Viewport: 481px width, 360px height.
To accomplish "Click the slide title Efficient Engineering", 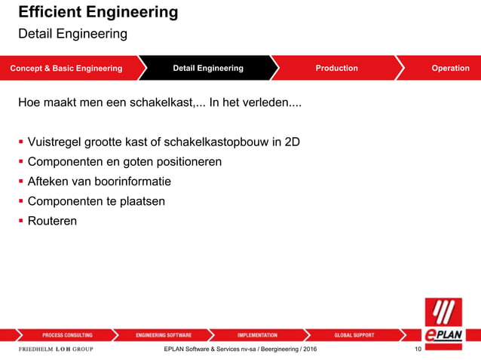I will pos(98,13).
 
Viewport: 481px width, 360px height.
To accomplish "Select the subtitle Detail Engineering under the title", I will pos(72,35).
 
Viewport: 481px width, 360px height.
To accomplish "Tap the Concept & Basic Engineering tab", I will pos(66,69).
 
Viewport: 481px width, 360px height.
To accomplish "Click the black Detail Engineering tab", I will pos(208,69).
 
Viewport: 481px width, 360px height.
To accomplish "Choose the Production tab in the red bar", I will pos(336,69).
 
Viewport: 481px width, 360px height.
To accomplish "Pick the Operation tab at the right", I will pos(450,69).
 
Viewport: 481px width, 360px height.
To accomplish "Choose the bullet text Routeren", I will pos(52,221).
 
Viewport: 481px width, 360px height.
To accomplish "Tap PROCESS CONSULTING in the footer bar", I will pos(67,335).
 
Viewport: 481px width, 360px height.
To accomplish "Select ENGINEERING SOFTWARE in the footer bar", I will pos(164,335).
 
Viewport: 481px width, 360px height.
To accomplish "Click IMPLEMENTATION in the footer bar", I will pos(256,335).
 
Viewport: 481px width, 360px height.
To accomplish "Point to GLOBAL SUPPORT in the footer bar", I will pos(354,335).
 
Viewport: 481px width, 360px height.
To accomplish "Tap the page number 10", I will pos(417,349).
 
